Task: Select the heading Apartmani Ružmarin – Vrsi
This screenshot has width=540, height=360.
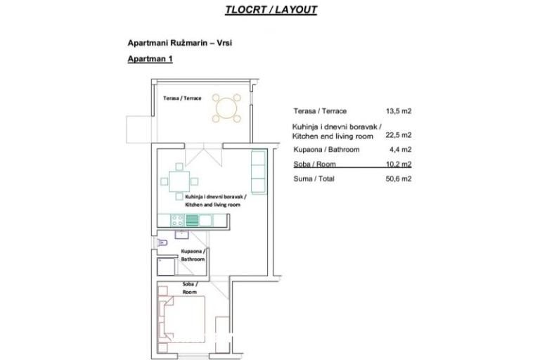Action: click(179, 43)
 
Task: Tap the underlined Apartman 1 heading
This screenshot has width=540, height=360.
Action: click(150, 60)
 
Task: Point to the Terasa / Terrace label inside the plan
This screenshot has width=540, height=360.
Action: click(182, 98)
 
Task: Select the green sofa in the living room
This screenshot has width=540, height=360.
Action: click(259, 172)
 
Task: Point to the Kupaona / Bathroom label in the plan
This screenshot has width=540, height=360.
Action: click(193, 255)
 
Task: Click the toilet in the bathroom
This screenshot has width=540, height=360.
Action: click(162, 243)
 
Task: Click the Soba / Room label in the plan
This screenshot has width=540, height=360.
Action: click(190, 288)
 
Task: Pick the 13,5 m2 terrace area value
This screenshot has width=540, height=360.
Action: click(399, 111)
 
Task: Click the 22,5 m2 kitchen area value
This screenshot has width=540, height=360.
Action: click(399, 135)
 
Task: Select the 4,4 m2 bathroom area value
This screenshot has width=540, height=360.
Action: click(401, 150)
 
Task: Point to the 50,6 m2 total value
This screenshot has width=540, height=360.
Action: click(399, 179)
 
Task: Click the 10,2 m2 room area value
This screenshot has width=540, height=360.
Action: click(399, 165)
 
